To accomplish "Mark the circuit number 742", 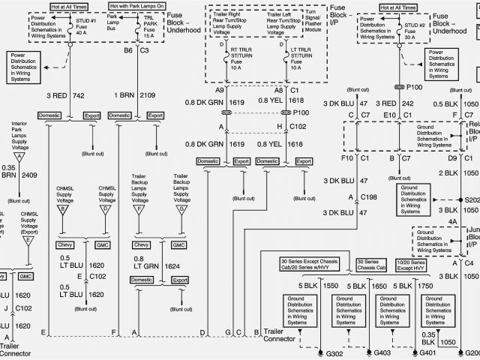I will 79,96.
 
